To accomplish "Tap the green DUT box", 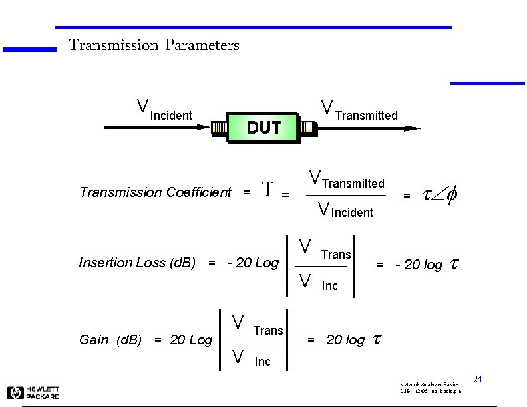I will tap(263, 128).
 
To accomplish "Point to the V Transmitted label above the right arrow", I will tap(359, 110).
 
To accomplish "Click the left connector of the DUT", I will tap(219, 128).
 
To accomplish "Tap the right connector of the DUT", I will tap(307, 128).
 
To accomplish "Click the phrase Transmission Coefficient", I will tap(155, 192).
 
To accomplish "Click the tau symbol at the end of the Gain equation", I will tap(377, 340).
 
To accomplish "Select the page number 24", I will tap(477, 380).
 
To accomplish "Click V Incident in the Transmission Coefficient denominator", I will tap(345, 211).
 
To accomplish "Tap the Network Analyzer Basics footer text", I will tap(429, 385).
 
